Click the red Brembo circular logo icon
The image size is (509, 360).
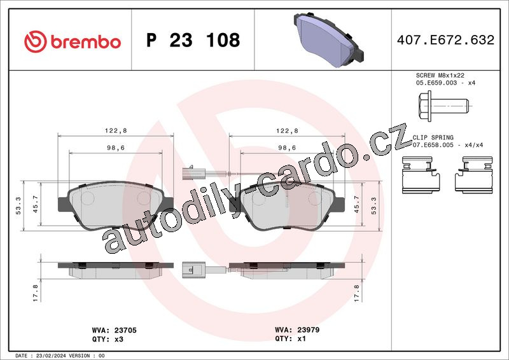(36, 41)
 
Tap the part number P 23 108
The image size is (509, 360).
(193, 40)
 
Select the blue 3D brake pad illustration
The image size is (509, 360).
(328, 39)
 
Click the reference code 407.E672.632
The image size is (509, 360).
(445, 40)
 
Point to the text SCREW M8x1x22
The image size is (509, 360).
(440, 75)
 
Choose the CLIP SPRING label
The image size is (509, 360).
(433, 137)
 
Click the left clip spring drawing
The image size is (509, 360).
(421, 175)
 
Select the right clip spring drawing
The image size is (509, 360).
(473, 175)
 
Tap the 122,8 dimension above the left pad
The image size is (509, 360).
(116, 131)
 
